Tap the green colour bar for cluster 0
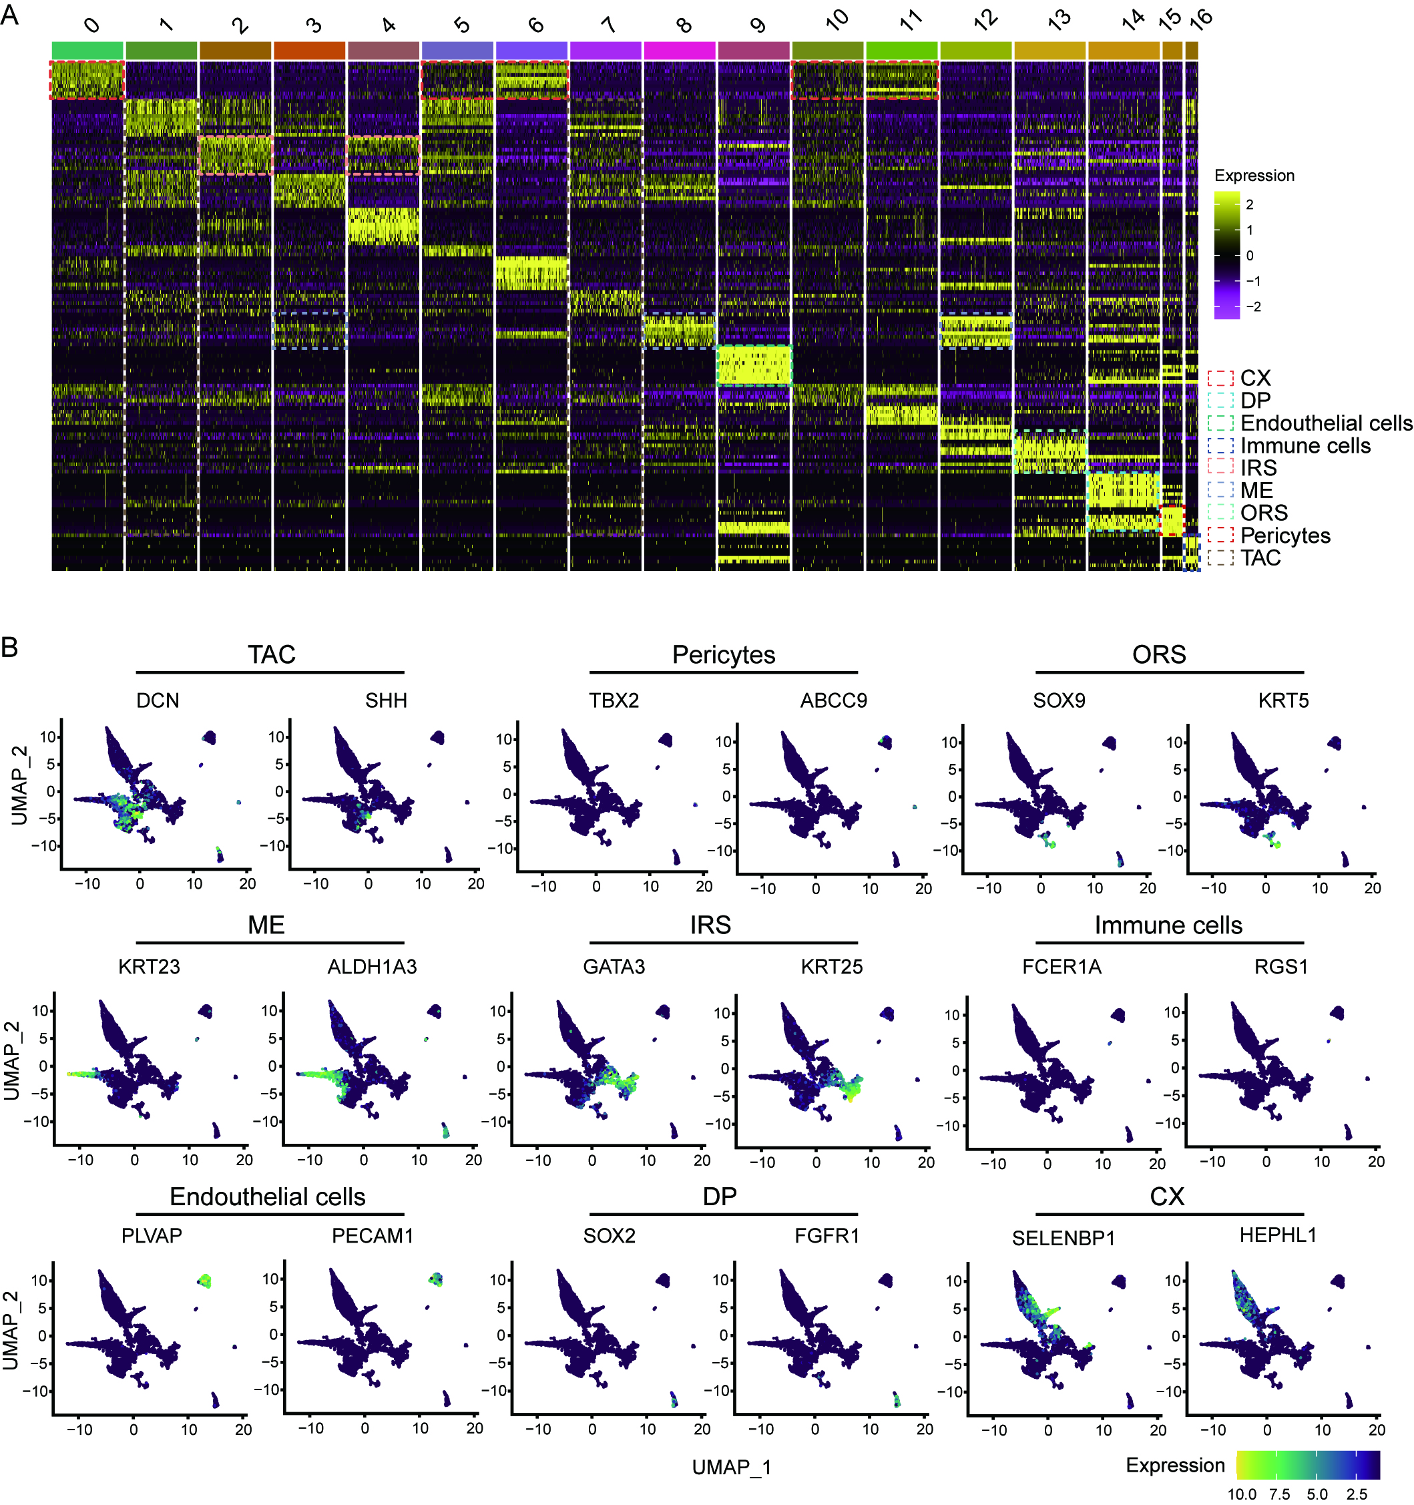coord(87,50)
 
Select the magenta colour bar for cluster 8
coord(680,50)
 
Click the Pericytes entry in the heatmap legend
coord(1284,535)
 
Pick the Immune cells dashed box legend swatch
coord(1220,445)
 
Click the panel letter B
coord(9,646)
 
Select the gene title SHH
coord(386,700)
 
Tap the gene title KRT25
coord(832,967)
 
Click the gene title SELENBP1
coord(1064,1238)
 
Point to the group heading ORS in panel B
coord(1159,654)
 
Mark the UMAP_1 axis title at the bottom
coord(731,1467)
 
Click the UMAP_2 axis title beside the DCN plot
coord(19,785)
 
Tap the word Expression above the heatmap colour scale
coord(1254,176)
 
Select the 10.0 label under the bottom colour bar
coord(1241,1494)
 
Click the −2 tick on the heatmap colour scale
coord(1254,306)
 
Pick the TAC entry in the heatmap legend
coord(1260,558)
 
